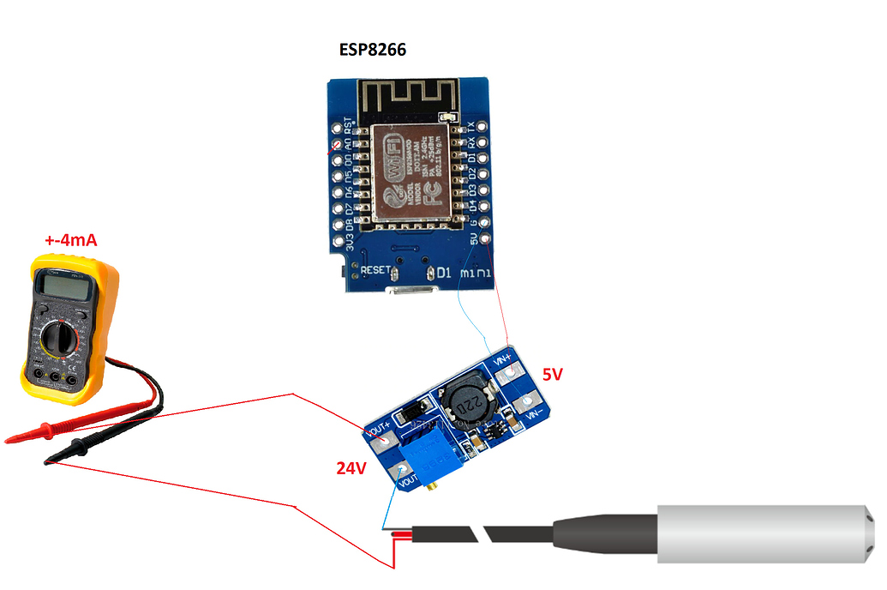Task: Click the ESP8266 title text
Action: tap(372, 50)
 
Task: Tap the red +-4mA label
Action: tap(70, 241)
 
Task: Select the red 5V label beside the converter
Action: tap(554, 374)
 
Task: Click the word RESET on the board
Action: tap(375, 270)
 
